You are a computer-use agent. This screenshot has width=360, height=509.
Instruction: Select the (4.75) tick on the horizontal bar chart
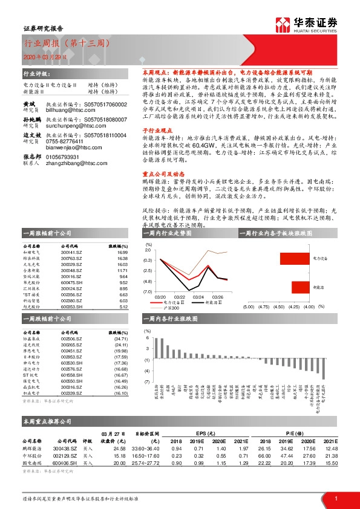coord(264,307)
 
